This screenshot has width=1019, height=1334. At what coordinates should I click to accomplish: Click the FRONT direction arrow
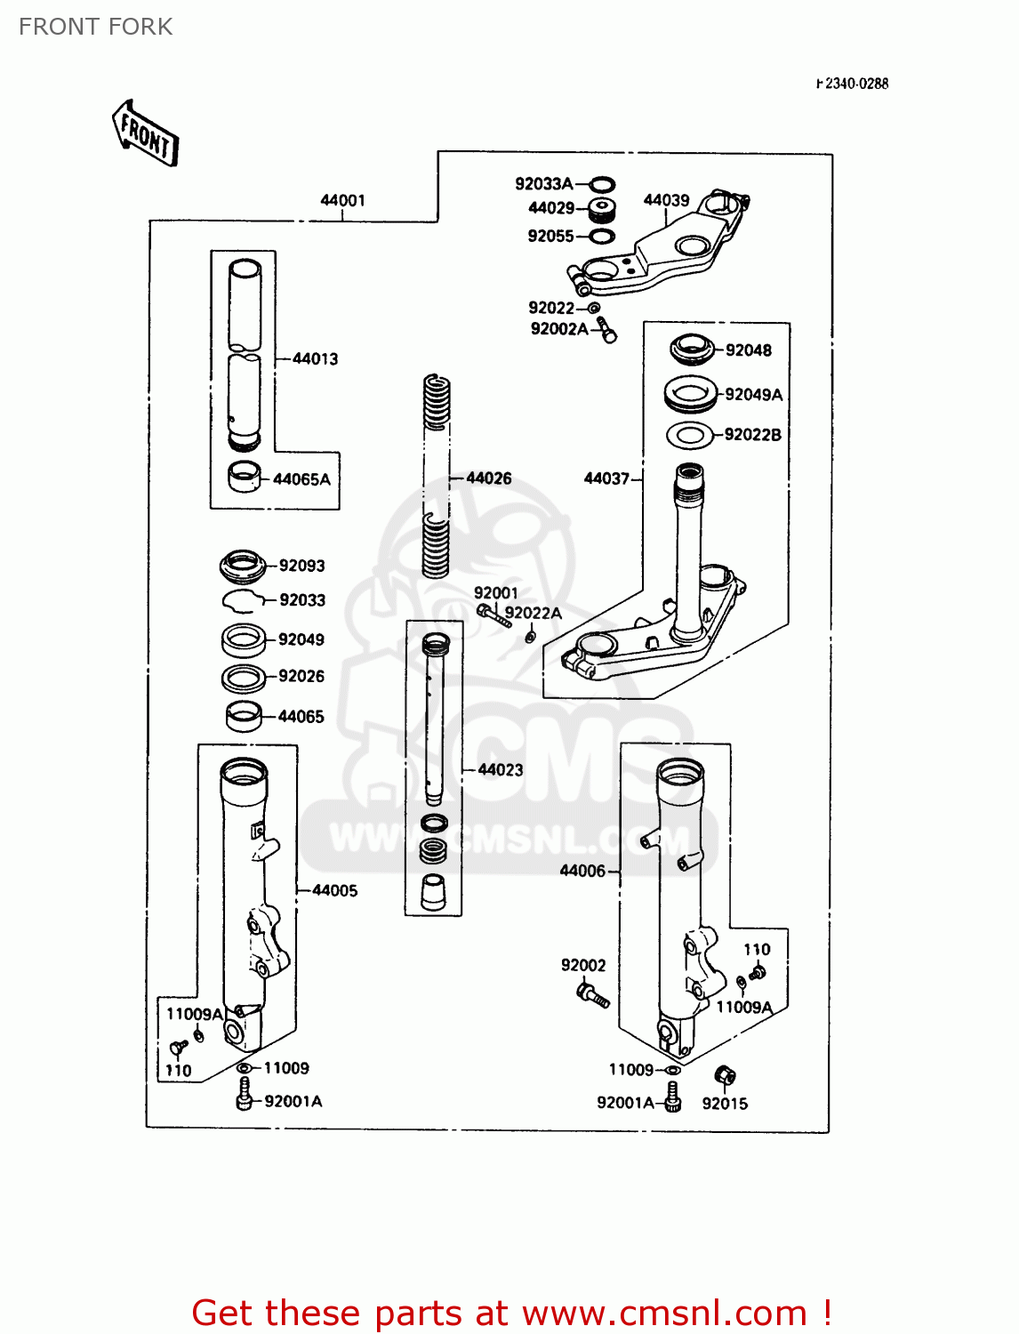pyautogui.click(x=146, y=133)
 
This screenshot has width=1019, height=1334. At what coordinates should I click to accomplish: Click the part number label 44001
pyautogui.click(x=342, y=200)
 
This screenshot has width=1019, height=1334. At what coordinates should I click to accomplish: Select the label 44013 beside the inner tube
pyautogui.click(x=315, y=358)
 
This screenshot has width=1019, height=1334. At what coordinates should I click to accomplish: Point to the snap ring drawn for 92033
pyautogui.click(x=241, y=601)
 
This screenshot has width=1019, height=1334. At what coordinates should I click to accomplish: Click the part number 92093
pyautogui.click(x=301, y=566)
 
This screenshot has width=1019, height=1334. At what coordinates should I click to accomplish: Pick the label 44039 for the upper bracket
pyautogui.click(x=666, y=200)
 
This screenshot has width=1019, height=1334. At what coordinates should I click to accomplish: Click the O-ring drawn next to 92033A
pyautogui.click(x=602, y=184)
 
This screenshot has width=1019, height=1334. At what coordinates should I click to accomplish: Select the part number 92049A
pyautogui.click(x=753, y=394)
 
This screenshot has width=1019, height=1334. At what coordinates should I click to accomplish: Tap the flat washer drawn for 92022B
pyautogui.click(x=690, y=436)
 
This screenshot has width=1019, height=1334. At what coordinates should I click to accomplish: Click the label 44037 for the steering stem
pyautogui.click(x=606, y=478)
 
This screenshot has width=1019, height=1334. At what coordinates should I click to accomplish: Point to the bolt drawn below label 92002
pyautogui.click(x=592, y=994)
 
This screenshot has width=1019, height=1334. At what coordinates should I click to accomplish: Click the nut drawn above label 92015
pyautogui.click(x=725, y=1076)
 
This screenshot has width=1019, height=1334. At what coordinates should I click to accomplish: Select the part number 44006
pyautogui.click(x=582, y=871)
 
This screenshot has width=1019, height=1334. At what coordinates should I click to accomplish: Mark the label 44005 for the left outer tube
pyautogui.click(x=334, y=890)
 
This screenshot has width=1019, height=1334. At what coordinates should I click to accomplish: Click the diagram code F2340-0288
pyautogui.click(x=853, y=84)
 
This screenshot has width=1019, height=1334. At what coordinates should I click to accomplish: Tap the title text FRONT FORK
pyautogui.click(x=96, y=27)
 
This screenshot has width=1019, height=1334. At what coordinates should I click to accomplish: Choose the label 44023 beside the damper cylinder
pyautogui.click(x=501, y=770)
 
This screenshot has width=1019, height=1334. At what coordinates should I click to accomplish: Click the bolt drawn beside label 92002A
pyautogui.click(x=606, y=329)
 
